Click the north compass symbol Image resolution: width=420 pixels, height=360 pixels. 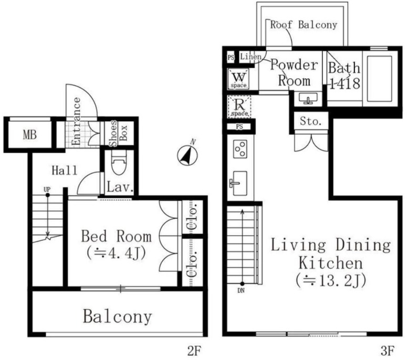187,155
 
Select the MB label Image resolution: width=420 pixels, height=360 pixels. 30,134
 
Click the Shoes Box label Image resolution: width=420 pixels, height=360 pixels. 117,133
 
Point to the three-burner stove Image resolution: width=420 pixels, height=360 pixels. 240,149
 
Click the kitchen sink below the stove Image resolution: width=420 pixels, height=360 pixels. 238,183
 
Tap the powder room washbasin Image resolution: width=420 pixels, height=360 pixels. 308,98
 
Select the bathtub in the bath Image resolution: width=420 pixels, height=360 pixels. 380,78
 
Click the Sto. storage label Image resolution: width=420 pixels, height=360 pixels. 311,122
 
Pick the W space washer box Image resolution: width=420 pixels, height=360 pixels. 238,79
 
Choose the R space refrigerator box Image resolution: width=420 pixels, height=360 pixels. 239,107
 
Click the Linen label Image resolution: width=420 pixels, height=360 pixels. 251,57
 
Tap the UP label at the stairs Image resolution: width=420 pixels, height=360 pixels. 47,189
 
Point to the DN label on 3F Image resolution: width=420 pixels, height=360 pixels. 241,290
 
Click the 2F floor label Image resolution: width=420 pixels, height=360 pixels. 194,351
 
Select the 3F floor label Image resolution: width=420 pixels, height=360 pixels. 387,351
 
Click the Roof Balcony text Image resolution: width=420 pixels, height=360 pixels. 303,25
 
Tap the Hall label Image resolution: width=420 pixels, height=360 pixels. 64,170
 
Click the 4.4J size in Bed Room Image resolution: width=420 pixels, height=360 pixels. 116,253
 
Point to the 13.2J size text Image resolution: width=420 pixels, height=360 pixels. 331,281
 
